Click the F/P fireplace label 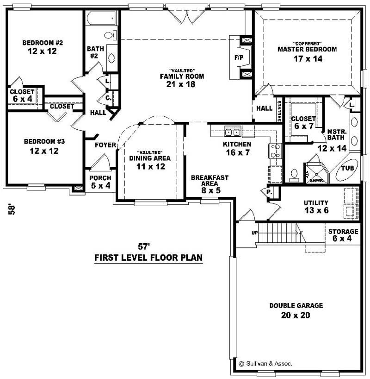click(239, 58)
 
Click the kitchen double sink click(232, 132)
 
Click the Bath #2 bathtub click(101, 20)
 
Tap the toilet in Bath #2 click(109, 35)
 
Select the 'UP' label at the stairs click(254, 233)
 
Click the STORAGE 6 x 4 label click(343, 235)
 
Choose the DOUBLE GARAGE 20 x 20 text click(296, 310)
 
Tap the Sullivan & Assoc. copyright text click(265, 364)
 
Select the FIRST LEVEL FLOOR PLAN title click(148, 258)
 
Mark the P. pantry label click(268, 191)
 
